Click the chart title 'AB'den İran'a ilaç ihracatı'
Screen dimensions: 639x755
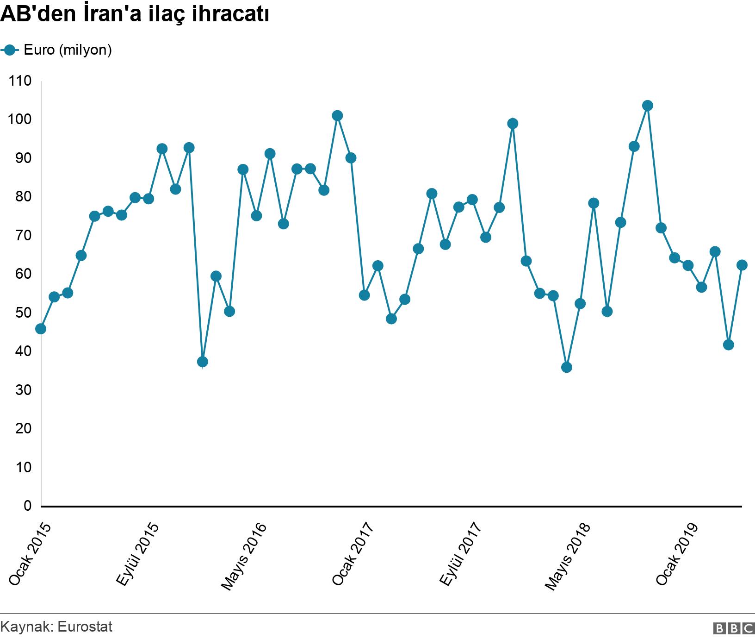click(135, 15)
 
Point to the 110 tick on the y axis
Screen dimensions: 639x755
click(20, 81)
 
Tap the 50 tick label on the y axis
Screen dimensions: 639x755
click(20, 313)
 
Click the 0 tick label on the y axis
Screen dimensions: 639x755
click(27, 506)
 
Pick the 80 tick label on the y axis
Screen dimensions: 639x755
click(20, 197)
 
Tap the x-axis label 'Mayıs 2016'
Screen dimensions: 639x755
click(244, 556)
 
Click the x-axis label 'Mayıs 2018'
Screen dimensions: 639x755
click(568, 556)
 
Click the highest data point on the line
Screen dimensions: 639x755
click(648, 106)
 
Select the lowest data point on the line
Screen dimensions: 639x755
click(567, 367)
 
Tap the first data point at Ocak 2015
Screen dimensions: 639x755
click(41, 329)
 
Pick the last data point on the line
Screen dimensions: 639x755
click(742, 265)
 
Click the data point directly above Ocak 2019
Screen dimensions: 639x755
click(688, 265)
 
